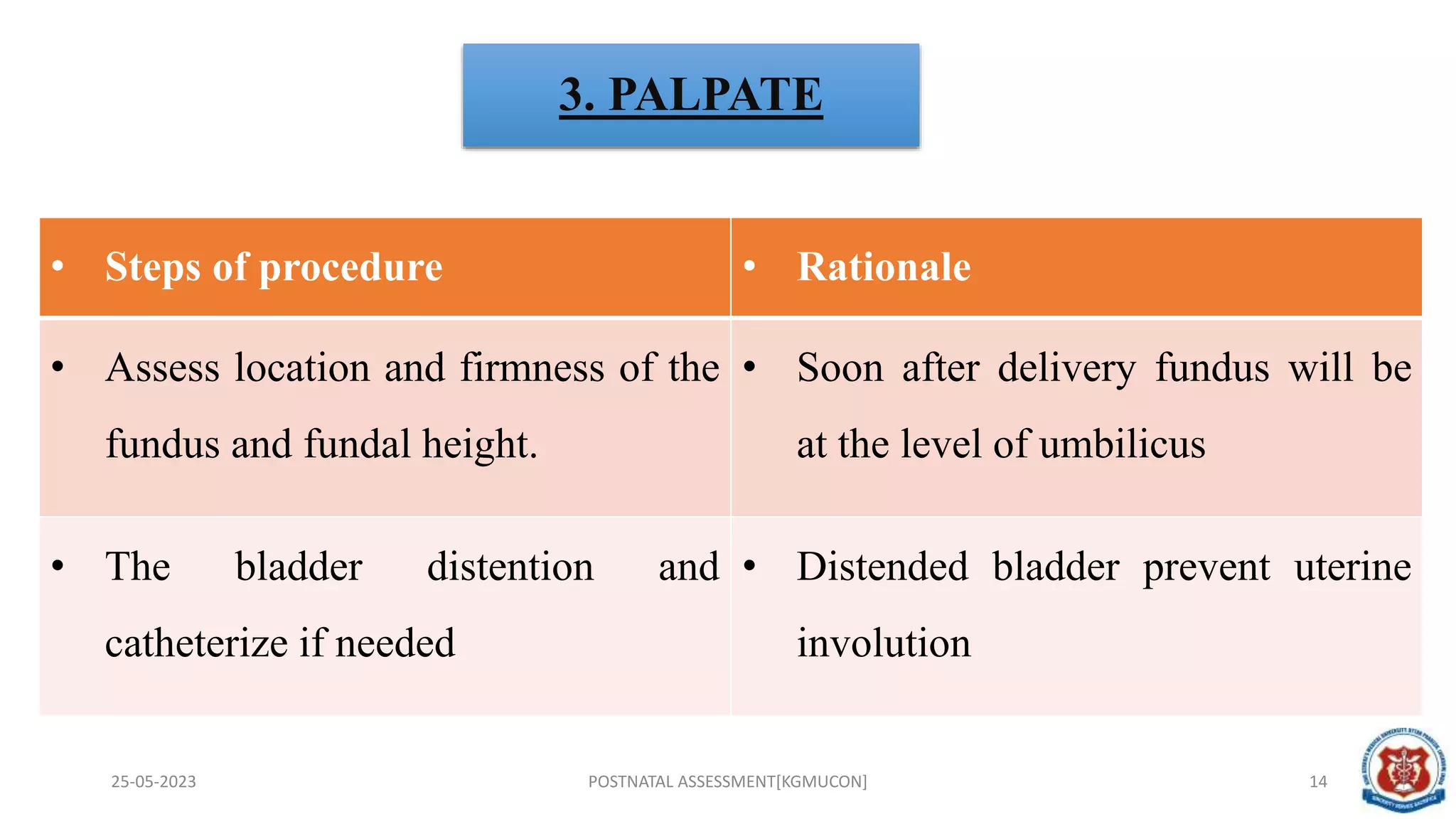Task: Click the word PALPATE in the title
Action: point(715,95)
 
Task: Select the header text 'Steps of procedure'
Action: point(274,267)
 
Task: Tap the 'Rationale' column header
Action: point(884,267)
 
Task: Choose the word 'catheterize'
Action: point(196,643)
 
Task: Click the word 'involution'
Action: point(884,643)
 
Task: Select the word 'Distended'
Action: point(882,567)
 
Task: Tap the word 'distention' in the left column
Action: point(510,567)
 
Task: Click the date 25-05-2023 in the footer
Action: point(154,781)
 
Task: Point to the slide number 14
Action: point(1318,781)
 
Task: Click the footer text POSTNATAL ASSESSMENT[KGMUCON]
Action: point(727,781)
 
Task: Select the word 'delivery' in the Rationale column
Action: point(1066,368)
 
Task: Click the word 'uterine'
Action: point(1352,567)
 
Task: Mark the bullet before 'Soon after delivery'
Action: point(749,368)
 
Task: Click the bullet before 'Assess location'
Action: point(58,368)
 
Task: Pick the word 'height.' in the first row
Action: point(479,444)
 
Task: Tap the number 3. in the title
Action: point(577,95)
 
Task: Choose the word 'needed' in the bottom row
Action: point(395,643)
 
